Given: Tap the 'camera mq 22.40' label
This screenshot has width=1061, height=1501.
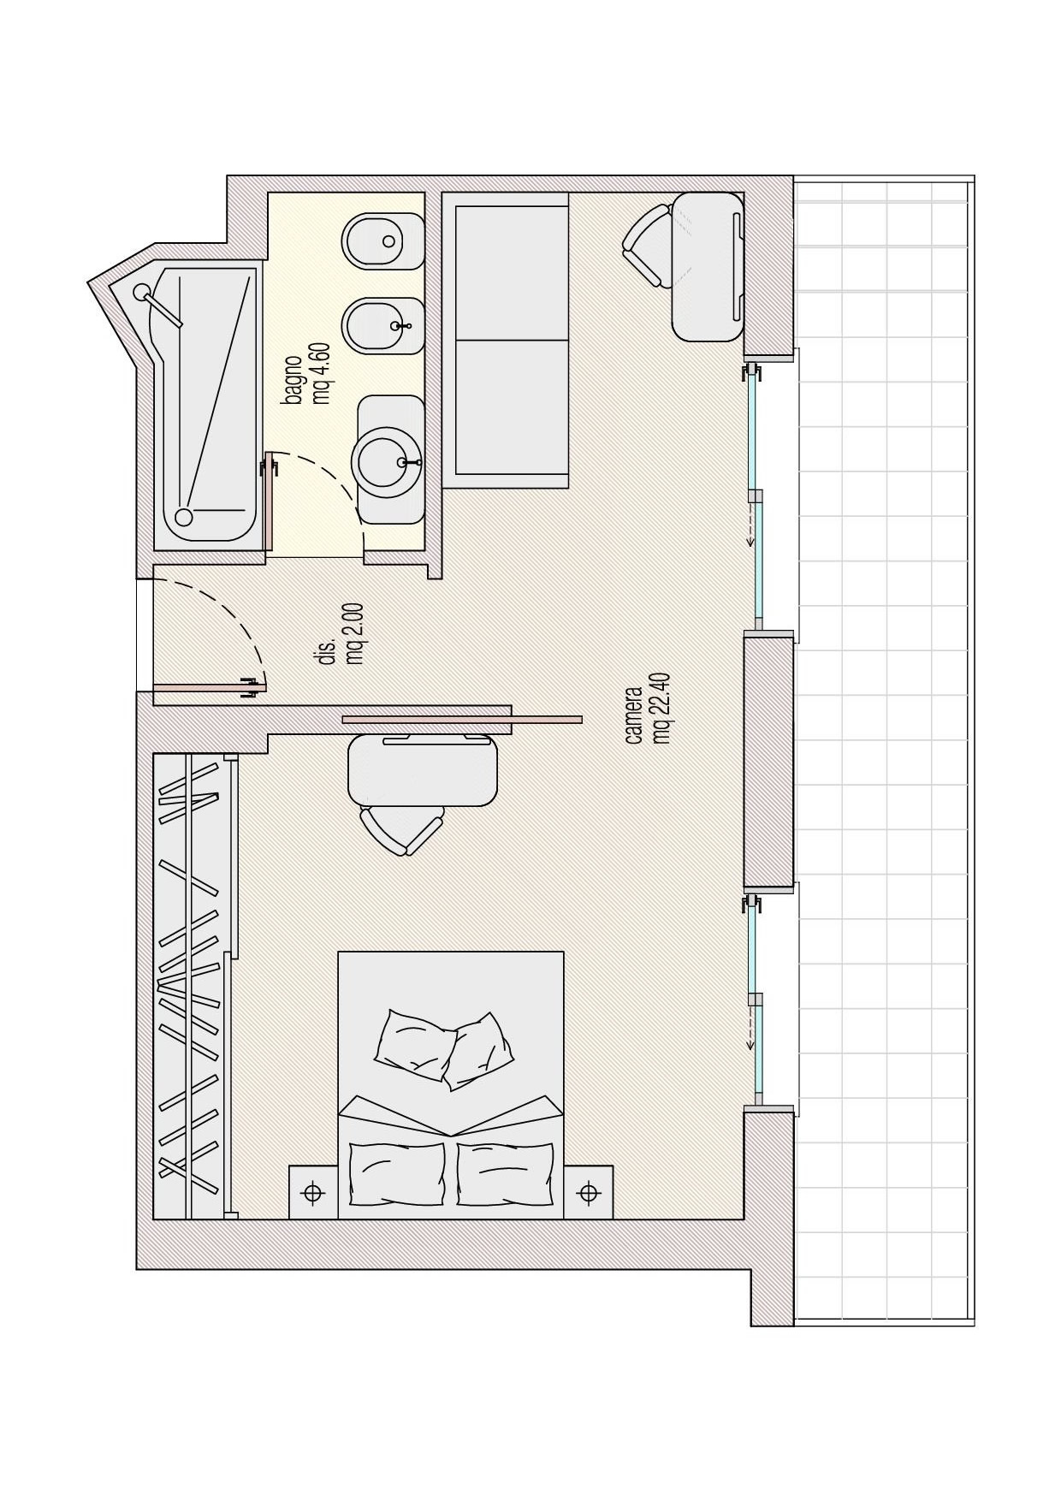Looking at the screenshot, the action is (647, 715).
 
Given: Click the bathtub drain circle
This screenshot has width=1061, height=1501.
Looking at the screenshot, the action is (183, 517).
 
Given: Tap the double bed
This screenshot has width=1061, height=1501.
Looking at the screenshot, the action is (451, 1084).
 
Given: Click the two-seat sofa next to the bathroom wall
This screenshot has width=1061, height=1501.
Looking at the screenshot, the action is (506, 340).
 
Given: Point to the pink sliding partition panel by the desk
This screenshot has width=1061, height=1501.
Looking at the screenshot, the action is (462, 720).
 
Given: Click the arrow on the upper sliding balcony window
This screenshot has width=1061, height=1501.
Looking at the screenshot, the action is (750, 524).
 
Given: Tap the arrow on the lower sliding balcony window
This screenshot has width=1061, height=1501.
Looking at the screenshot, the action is (750, 1028).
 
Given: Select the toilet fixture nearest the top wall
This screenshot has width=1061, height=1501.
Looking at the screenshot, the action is (383, 240).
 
